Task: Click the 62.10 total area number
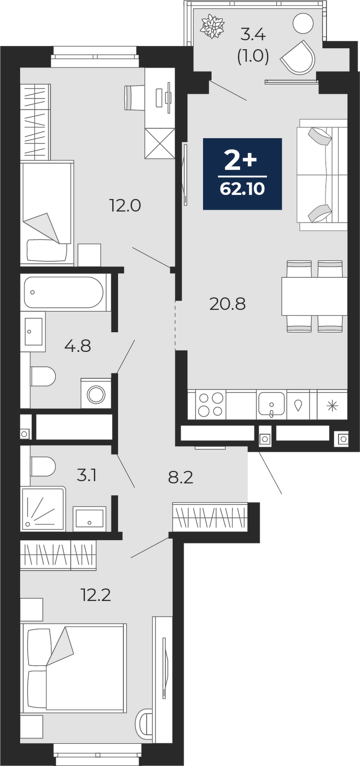(242, 189)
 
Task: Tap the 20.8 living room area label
(227, 304)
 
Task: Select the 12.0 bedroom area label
(125, 206)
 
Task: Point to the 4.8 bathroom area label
(78, 346)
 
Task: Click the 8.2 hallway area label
(181, 478)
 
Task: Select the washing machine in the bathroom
(97, 393)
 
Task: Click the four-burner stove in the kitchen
(211, 405)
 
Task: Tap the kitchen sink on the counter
(271, 405)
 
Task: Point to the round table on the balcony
(303, 23)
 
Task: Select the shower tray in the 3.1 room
(43, 509)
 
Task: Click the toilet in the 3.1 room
(43, 467)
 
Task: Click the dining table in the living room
(314, 296)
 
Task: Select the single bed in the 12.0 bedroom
(47, 214)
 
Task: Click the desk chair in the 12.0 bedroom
(133, 97)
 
